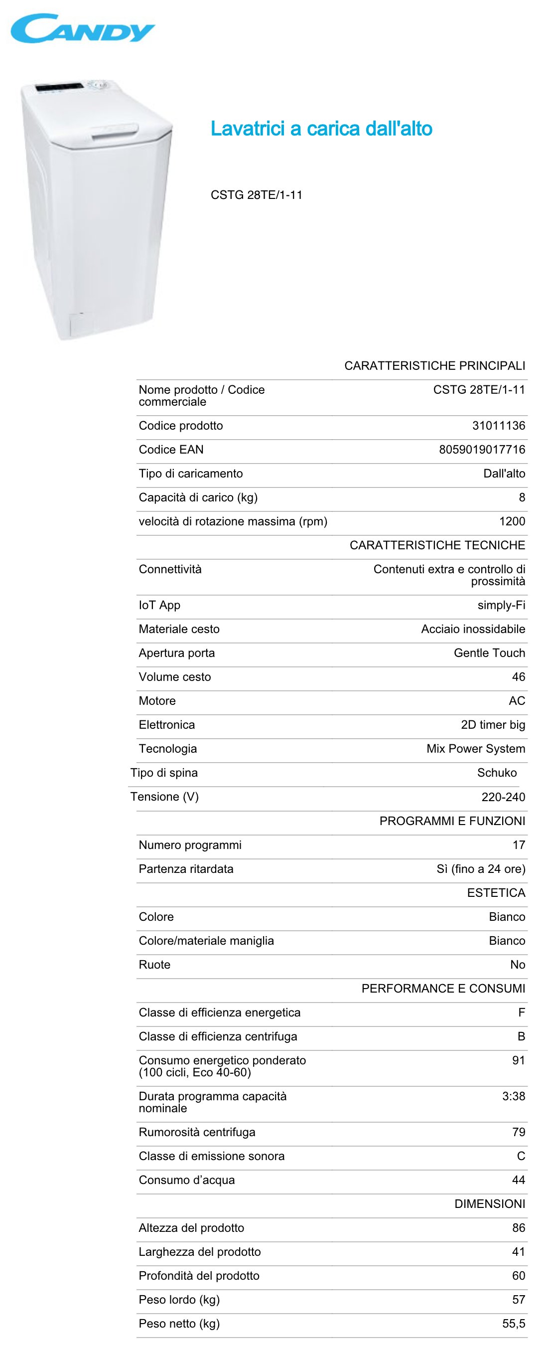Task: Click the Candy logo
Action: [83, 29]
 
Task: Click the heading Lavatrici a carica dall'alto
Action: [321, 129]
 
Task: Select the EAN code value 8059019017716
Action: [482, 450]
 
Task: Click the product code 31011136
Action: [499, 425]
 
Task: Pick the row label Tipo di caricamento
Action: [190, 473]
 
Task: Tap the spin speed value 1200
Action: [512, 521]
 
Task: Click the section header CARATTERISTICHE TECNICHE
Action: [437, 545]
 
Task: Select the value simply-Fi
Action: [501, 605]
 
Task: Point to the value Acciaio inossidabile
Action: [473, 629]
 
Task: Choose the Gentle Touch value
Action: [489, 653]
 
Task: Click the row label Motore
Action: [157, 700]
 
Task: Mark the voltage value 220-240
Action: [503, 797]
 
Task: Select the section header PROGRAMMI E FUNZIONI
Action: [452, 821]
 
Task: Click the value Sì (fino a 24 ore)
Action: [481, 869]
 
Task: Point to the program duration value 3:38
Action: [513, 1096]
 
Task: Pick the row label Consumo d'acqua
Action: [187, 1180]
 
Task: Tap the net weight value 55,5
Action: [513, 1324]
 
